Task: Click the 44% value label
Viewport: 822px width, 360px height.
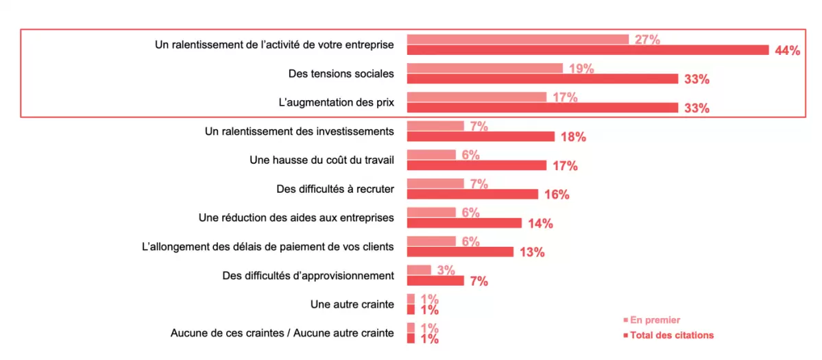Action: pos(787,51)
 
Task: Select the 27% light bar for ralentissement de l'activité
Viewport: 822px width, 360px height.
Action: pos(518,39)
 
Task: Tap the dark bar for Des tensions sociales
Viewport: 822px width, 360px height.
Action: pos(542,79)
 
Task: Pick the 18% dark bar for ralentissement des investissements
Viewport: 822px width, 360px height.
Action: pos(481,136)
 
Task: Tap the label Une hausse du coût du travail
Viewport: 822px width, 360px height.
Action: pos(322,160)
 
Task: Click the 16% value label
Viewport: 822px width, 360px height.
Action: pos(557,195)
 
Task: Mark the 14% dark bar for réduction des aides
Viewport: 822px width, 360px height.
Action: pos(464,223)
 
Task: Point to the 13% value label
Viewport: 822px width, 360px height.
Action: pos(532,252)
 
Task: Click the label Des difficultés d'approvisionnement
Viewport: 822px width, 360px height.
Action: pos(309,276)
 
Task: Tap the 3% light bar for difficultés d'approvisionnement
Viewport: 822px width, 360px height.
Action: pos(419,270)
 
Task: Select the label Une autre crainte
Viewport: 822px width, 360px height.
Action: pos(352,304)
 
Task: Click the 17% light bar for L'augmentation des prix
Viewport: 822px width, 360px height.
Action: pos(476,97)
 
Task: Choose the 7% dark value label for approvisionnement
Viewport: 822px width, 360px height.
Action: pos(478,281)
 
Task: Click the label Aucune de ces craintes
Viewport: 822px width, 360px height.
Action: pos(282,333)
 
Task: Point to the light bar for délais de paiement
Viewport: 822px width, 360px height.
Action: pos(431,241)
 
